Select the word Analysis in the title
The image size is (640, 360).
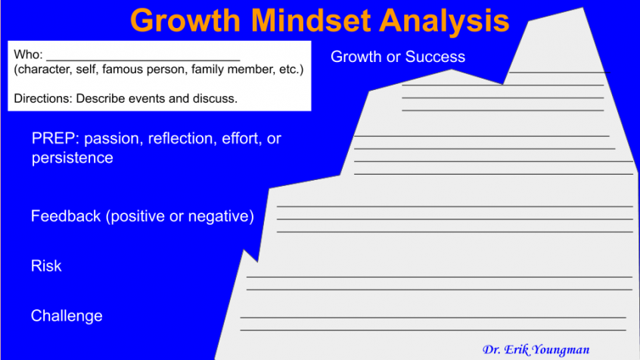(444, 20)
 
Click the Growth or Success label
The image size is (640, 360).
(398, 57)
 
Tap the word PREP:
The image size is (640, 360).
(56, 139)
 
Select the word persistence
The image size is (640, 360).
(73, 158)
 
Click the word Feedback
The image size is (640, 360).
(66, 217)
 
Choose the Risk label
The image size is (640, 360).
(46, 266)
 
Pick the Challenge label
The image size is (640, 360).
(67, 316)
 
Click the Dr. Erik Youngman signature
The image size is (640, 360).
(536, 349)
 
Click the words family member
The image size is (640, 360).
(230, 70)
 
